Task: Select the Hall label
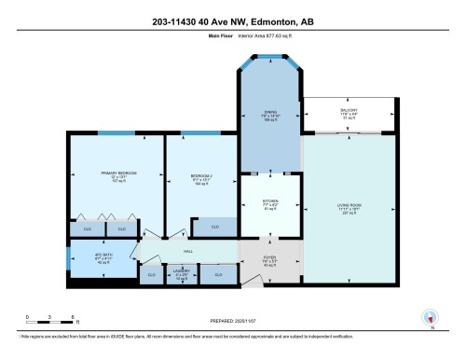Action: pyautogui.click(x=187, y=252)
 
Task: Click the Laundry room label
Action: pyautogui.click(x=182, y=276)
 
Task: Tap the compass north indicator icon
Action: pyautogui.click(x=430, y=316)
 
